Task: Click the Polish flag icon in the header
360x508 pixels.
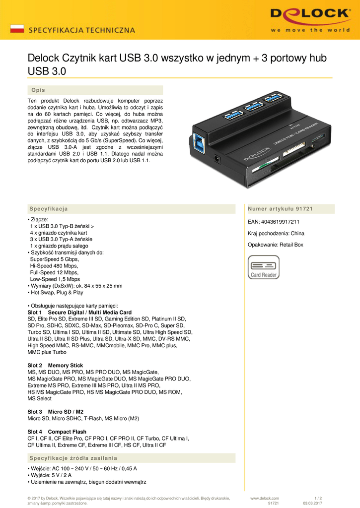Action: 17,28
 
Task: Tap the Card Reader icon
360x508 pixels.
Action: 264,267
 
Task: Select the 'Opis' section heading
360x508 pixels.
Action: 38,90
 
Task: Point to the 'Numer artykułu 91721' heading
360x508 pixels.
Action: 280,209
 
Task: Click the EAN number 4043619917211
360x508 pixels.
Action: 274,222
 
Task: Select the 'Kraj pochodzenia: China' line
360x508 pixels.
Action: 276,233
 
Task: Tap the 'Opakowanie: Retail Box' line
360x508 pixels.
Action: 275,245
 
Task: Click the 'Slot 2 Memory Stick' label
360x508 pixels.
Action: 55,366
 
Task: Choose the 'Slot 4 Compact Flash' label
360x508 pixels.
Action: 57,432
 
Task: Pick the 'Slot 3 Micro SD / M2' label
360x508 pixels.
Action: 55,412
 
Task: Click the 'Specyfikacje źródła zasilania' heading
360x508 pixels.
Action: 73,457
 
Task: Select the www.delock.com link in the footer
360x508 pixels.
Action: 265,498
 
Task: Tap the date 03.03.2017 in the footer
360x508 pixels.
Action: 312,503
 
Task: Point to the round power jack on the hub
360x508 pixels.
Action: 217,159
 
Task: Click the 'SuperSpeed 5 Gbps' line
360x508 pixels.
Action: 55,259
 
